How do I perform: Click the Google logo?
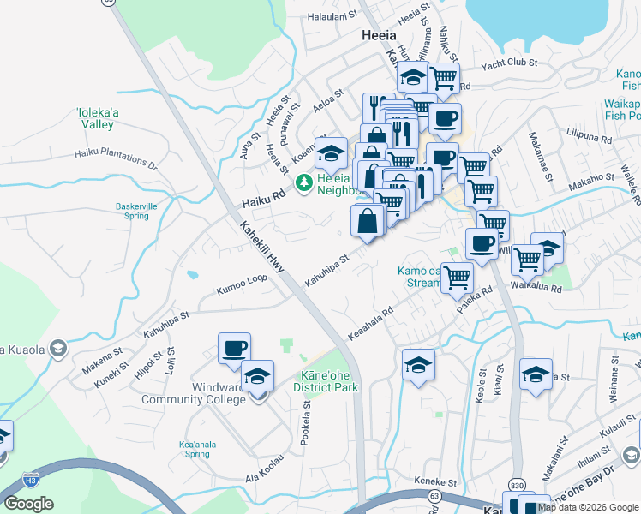[x=28, y=504]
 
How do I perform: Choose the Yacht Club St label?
[x=508, y=63]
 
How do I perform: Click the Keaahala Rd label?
[x=370, y=324]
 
